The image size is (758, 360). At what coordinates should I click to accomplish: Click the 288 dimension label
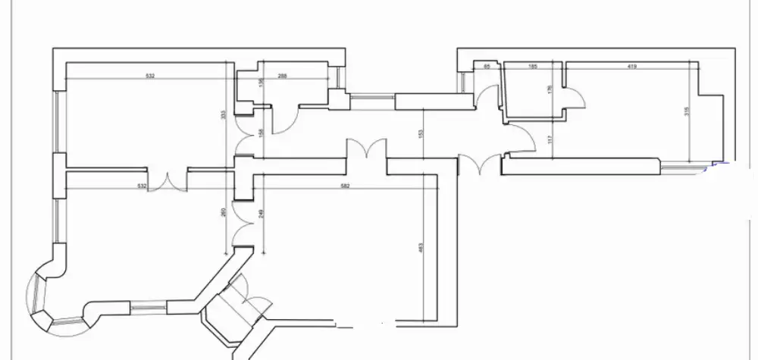point(283,76)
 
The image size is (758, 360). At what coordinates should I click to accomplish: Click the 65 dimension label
point(487,67)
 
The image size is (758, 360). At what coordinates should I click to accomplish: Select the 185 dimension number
point(532,67)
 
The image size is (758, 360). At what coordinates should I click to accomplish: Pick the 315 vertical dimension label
point(686,111)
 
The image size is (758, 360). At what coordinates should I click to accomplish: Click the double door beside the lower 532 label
point(168,181)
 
